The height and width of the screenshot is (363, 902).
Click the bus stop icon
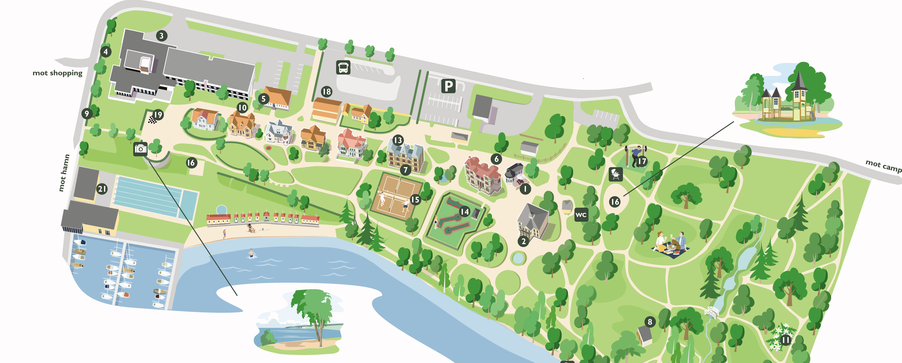[x=343, y=67]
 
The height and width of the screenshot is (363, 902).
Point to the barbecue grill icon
[x=616, y=174]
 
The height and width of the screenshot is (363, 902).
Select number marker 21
[x=102, y=189]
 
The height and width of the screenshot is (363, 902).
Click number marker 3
[x=161, y=36]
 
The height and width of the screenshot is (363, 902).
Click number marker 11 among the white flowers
[x=786, y=340]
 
